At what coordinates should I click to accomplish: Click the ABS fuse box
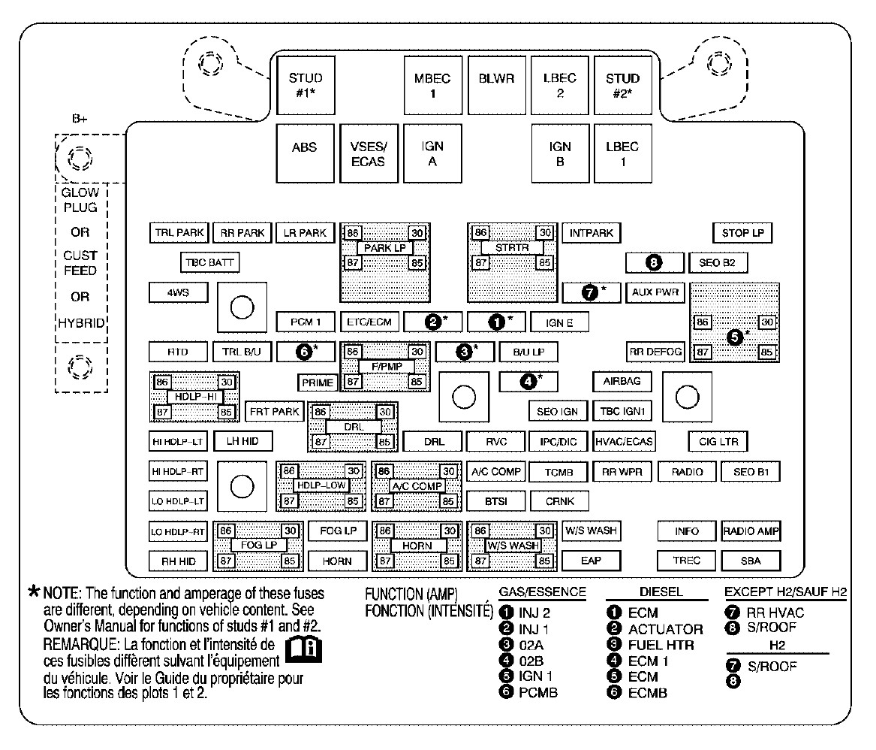(x=305, y=153)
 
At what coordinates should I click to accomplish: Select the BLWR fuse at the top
(x=496, y=85)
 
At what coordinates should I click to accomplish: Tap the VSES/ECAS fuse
(x=369, y=153)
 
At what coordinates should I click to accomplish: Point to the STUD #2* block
(x=623, y=85)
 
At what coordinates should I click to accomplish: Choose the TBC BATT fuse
(x=209, y=262)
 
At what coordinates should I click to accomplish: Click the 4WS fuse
(x=178, y=292)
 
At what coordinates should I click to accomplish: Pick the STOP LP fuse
(x=742, y=233)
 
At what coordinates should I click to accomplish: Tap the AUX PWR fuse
(x=655, y=292)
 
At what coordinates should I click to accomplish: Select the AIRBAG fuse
(x=622, y=382)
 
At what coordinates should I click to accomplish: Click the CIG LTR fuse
(x=718, y=441)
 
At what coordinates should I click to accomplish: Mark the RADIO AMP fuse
(x=751, y=531)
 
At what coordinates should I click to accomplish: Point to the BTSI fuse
(x=496, y=501)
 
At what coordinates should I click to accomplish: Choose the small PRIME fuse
(x=318, y=383)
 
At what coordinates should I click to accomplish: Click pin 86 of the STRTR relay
(x=480, y=232)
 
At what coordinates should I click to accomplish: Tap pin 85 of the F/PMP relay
(x=416, y=382)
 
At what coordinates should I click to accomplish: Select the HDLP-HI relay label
(x=195, y=397)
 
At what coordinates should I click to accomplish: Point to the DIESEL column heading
(x=661, y=591)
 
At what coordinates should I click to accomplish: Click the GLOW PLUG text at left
(x=80, y=200)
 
